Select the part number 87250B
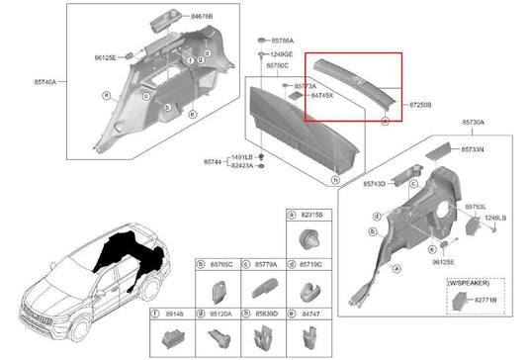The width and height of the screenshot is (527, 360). pos(416,103)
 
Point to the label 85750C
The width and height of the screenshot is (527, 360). pos(277,64)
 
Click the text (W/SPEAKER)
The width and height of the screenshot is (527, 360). pos(469,283)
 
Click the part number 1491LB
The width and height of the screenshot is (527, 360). pos(243,158)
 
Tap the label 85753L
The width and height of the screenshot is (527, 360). pos(474,208)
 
